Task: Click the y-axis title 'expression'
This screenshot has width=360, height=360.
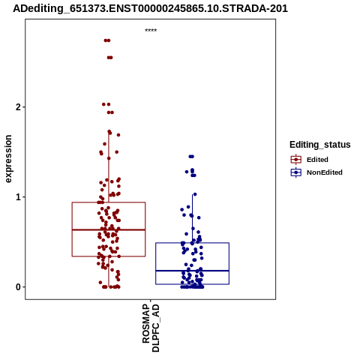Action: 8,159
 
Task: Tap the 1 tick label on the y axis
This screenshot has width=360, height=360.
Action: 18,197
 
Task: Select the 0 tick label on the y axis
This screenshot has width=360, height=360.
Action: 18,287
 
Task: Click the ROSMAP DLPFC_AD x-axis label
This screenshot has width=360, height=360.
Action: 151,328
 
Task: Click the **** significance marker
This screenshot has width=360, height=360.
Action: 151,30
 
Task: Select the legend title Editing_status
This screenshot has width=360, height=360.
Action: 320,145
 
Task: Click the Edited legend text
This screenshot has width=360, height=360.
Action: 317,160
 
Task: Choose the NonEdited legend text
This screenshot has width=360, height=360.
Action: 325,172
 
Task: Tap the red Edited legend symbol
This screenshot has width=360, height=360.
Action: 296,160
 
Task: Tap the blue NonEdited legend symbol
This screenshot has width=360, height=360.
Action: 296,172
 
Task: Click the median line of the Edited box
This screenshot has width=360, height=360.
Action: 109,229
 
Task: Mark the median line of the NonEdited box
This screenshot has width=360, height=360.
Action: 192,271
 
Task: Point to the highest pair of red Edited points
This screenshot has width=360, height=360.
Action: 107,40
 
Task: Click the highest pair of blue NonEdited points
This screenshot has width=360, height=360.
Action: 191,157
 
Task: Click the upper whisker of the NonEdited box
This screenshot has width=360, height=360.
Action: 192,218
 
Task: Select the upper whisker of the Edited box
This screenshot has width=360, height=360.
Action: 109,166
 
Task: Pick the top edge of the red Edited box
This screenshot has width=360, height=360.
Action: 109,202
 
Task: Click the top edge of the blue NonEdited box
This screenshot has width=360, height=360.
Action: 192,243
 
